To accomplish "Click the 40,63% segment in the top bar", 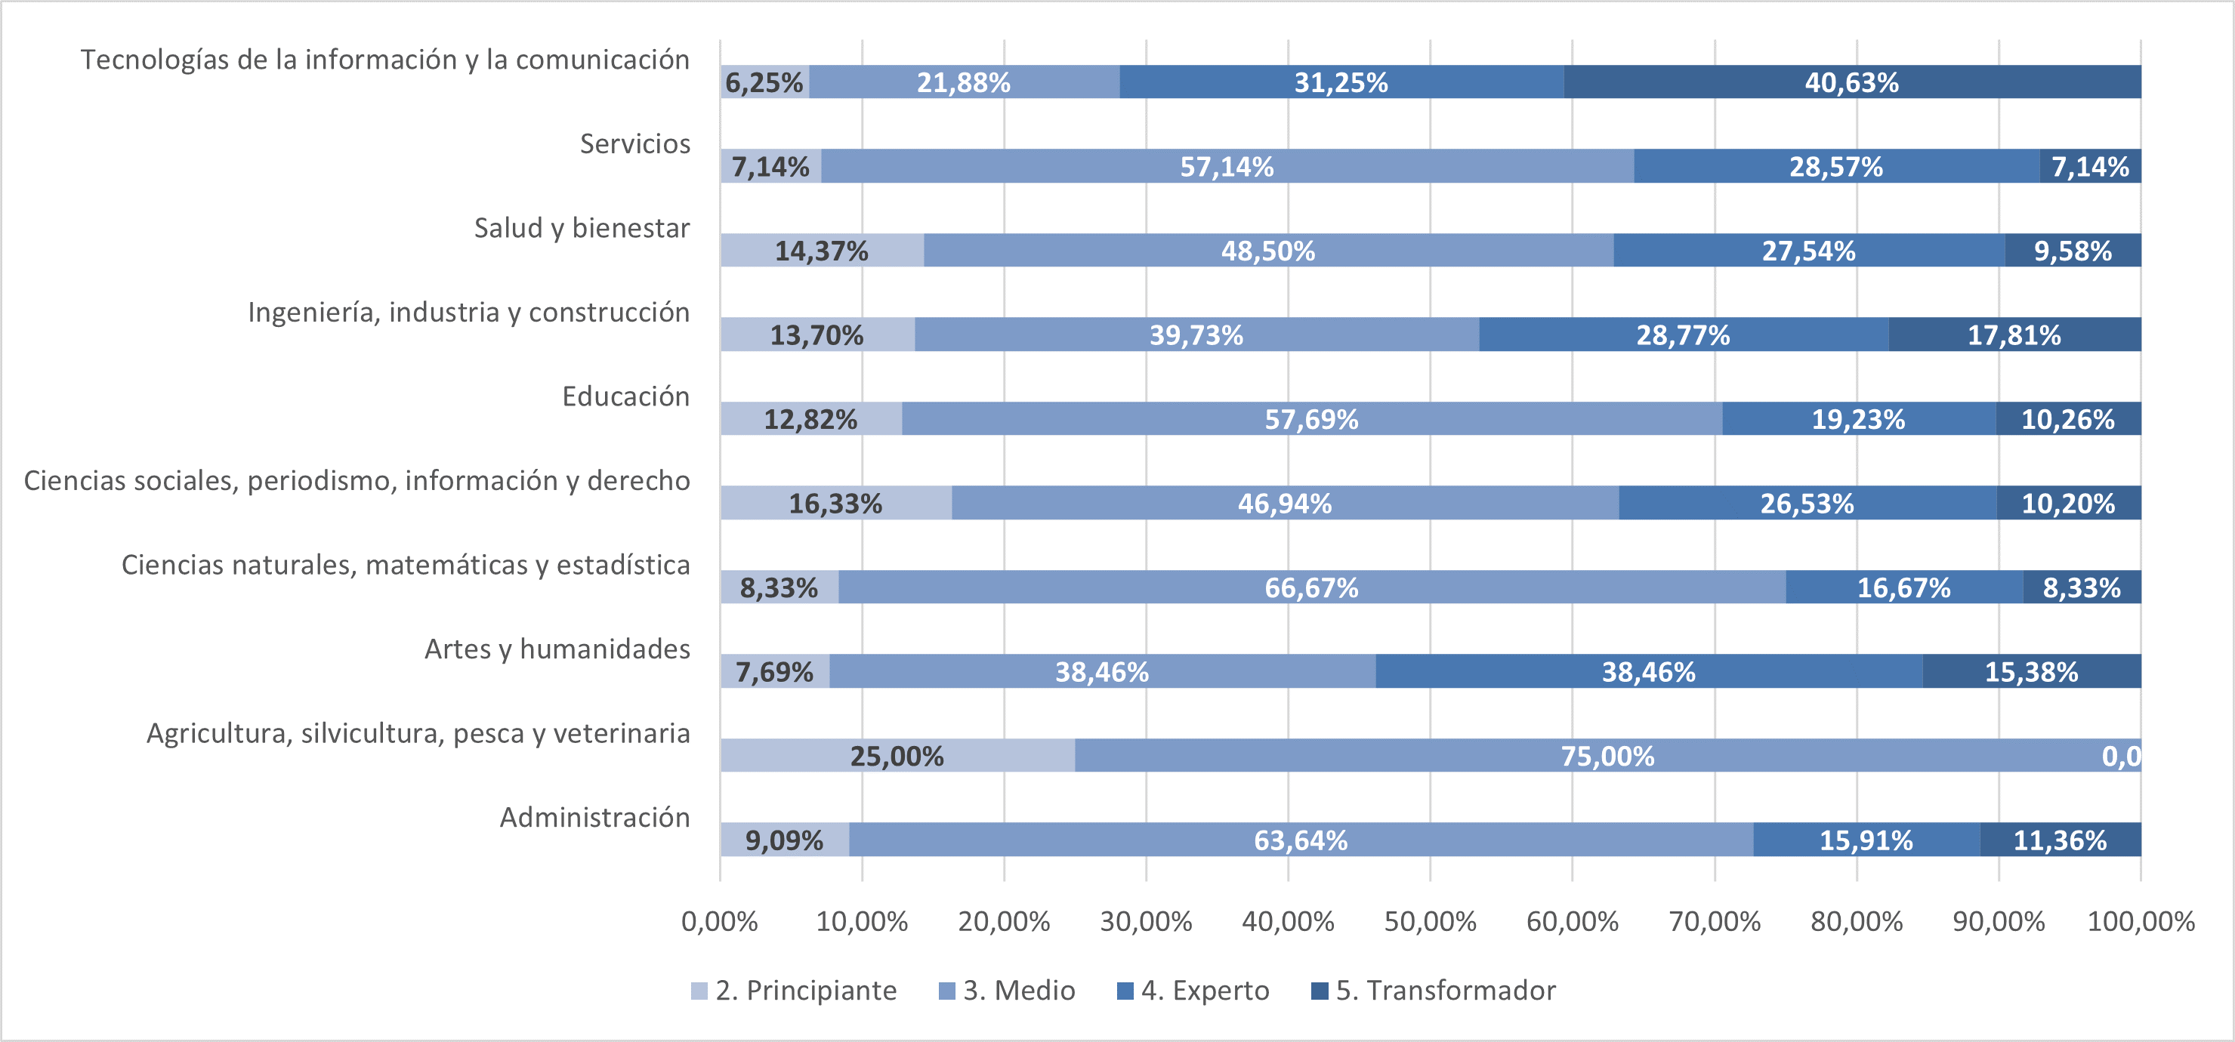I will (1851, 82).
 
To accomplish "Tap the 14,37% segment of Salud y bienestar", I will (821, 251).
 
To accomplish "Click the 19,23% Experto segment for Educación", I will (1857, 419).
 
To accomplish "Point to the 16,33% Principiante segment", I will (835, 503).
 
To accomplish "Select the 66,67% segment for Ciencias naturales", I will (1311, 587).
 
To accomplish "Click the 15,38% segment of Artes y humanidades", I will (2031, 671).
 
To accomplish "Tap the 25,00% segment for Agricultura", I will (897, 756).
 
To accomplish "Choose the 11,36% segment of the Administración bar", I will (2060, 840).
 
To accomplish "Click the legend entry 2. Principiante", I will (794, 990).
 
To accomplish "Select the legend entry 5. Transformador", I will (1434, 990).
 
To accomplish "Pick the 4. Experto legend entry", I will (1193, 990).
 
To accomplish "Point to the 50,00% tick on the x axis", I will (1430, 920).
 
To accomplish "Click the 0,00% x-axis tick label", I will (719, 920).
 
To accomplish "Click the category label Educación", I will (625, 396).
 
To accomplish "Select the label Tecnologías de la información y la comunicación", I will (385, 60).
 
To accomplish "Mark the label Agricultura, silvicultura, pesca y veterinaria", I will (418, 733).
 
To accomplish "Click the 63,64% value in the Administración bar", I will (1301, 840).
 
